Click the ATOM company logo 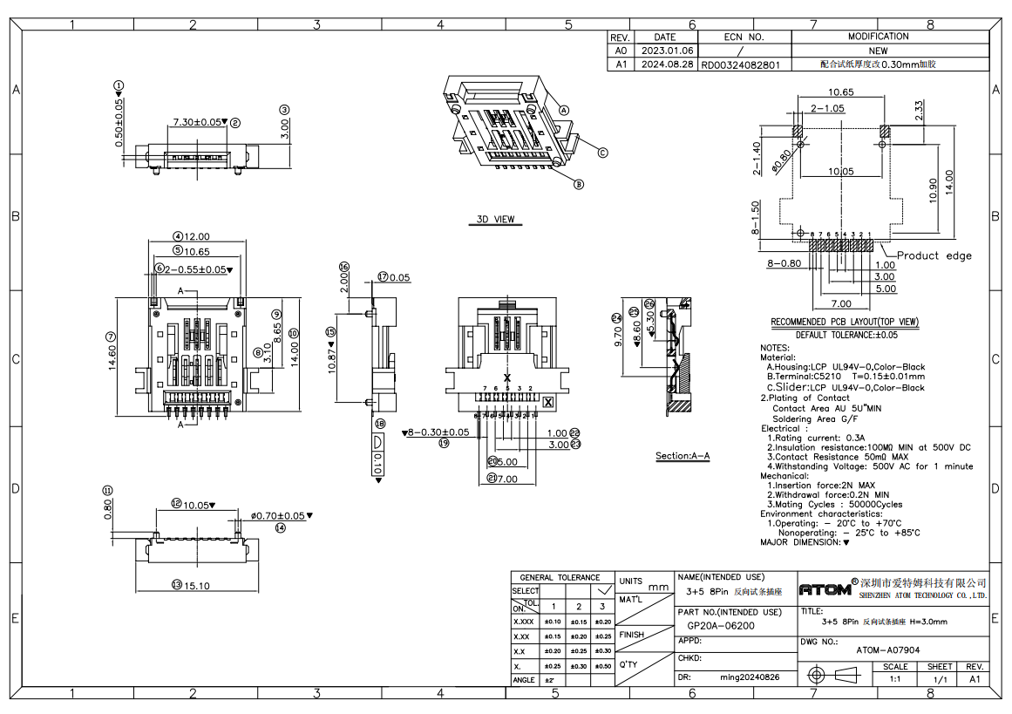coord(825,588)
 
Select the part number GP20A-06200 coord(721,626)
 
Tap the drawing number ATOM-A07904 coord(887,650)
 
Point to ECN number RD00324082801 coord(742,65)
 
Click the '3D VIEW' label coord(495,219)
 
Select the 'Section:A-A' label coord(683,456)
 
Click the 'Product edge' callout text coord(934,255)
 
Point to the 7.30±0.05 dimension coord(198,122)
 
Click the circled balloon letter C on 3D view coord(601,152)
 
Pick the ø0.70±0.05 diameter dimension coord(279,516)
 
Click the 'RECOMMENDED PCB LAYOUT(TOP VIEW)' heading coord(845,323)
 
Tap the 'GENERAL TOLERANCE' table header coord(560,577)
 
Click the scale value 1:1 coord(895,678)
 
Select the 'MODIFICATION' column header coord(878,37)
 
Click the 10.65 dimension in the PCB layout coord(840,92)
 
